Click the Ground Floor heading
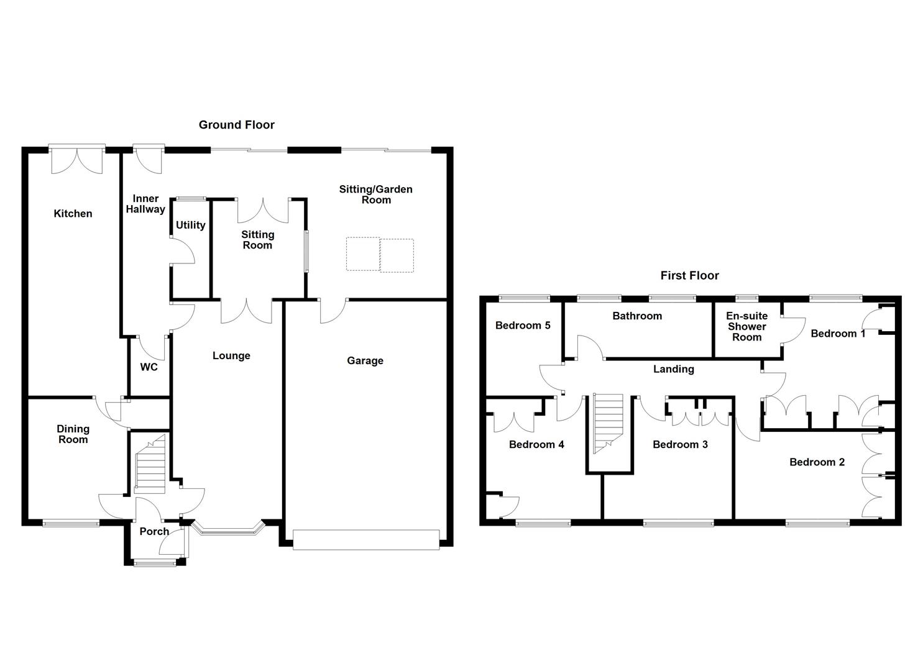coord(237,125)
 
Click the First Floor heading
coord(689,276)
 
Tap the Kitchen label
coord(73,213)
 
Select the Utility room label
coord(190,225)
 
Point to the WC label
coord(149,367)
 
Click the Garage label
coord(365,361)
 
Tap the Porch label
coord(154,531)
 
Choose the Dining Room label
coord(73,434)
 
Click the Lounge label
coord(231,355)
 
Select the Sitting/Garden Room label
coord(376,194)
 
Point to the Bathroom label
coord(637,316)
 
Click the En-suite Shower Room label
coord(746,327)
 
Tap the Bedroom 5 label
coord(523,326)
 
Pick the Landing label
coord(674,369)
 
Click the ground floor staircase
coord(150,464)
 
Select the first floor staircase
coord(608,424)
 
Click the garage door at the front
coord(366,540)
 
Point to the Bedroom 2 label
coord(817,462)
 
